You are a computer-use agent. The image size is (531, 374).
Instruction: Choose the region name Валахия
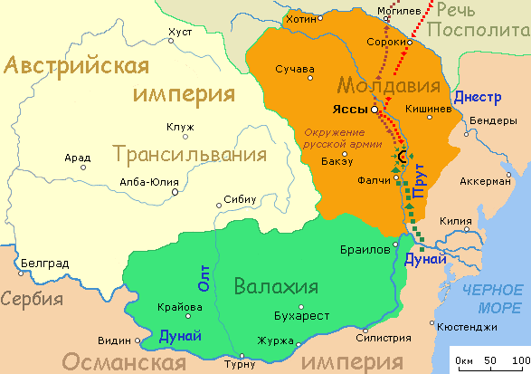coord(275,287)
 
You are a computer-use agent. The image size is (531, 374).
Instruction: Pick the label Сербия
coord(30,299)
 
